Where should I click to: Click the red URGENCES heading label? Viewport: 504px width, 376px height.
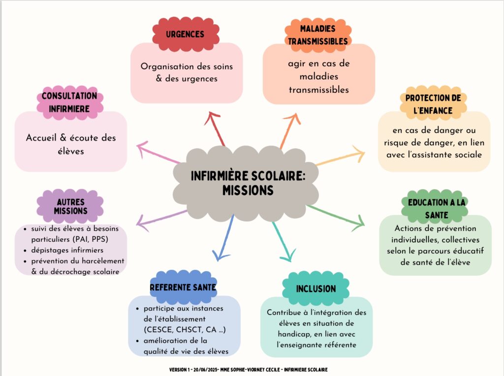coord(185,34)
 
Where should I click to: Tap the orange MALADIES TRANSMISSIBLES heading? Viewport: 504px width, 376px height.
coord(318,35)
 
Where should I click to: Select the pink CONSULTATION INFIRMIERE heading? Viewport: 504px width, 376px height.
coord(69,102)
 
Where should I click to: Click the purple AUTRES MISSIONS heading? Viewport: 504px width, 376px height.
coord(70,206)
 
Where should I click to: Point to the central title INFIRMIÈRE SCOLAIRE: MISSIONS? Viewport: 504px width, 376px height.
coord(248,182)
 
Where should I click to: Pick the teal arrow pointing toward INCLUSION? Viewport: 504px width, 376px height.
coord(283,241)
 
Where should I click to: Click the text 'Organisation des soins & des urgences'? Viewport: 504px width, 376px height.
coord(186,72)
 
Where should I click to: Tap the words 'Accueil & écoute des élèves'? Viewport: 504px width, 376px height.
coord(70,144)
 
